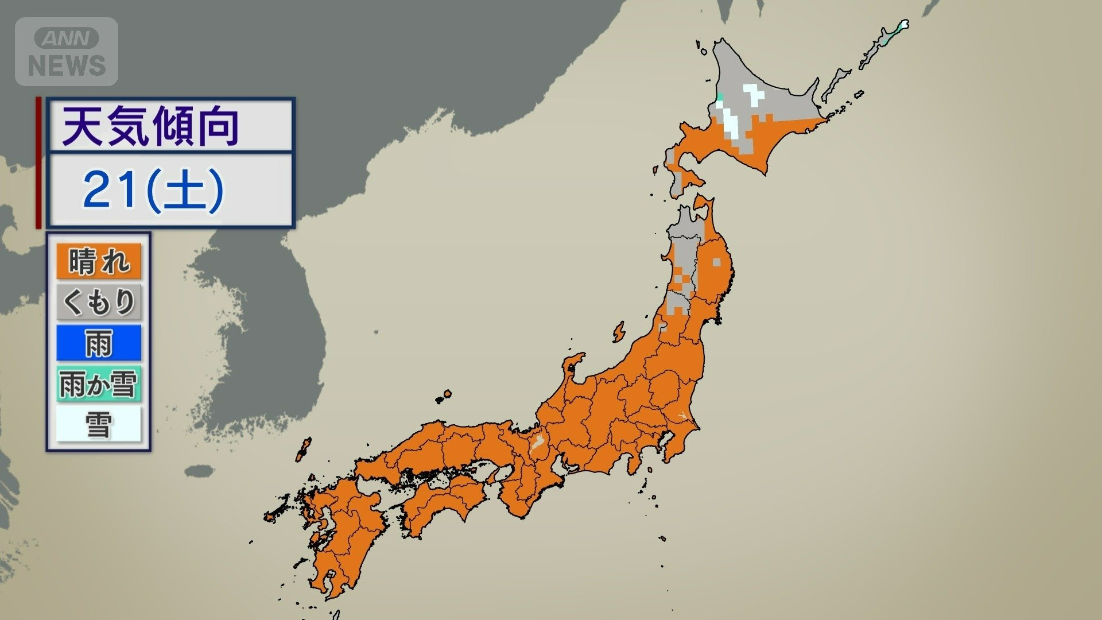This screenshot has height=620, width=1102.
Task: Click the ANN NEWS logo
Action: click(x=67, y=52)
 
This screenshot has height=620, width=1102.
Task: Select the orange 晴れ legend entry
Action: click(x=98, y=262)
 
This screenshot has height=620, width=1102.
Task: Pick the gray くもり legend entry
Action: click(x=98, y=302)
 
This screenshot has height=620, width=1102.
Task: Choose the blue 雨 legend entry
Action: click(x=98, y=343)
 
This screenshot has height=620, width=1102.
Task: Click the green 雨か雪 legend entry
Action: click(x=98, y=384)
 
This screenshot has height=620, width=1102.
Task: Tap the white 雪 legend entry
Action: click(x=98, y=425)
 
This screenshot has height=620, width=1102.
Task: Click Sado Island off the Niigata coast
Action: click(x=618, y=332)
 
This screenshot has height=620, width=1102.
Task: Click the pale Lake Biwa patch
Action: click(x=538, y=443)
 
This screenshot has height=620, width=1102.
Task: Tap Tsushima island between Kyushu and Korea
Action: click(x=302, y=449)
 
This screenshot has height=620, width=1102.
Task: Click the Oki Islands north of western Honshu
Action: click(x=443, y=396)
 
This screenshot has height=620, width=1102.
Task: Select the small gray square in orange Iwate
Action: click(x=716, y=262)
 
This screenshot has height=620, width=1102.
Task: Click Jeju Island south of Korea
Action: click(x=199, y=472)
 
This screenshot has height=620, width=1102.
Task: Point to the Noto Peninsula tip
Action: click(x=577, y=359)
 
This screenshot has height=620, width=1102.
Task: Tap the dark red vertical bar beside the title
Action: click(x=38, y=162)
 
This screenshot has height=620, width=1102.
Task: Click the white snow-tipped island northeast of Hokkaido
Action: click(x=903, y=25)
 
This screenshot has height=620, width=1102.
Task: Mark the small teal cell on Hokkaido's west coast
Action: click(x=719, y=96)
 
